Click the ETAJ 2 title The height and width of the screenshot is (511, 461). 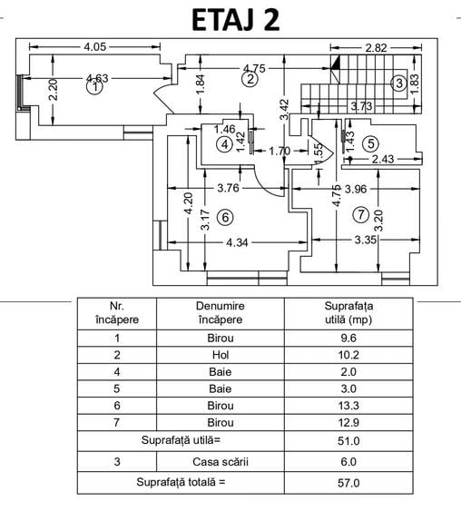pos(235,20)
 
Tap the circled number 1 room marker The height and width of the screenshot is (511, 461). pos(94,87)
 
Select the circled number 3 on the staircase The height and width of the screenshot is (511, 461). pos(399,84)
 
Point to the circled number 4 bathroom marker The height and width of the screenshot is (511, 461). pos(225,144)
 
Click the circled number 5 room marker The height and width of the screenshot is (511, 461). pos(371,143)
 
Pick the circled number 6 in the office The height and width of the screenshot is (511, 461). pos(225,217)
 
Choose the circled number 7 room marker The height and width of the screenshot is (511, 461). pos(361,215)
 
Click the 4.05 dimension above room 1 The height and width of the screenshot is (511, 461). pos(94,47)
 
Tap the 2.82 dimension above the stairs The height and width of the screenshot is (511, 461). pos(376,48)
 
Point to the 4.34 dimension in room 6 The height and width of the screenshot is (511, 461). pos(237,242)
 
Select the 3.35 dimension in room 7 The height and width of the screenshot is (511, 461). pos(366,241)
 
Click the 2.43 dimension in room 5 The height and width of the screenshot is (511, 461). pos(383,160)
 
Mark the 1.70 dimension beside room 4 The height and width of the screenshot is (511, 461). pos(280,151)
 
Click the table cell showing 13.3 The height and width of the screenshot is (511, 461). pos(348,406)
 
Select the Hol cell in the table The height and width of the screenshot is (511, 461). pos(221,355)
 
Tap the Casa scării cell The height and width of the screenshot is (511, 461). pos(221,462)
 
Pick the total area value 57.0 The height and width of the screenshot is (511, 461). pos(348,483)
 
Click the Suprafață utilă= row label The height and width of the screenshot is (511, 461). pos(181,440)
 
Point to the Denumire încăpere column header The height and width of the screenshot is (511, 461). pos(221,313)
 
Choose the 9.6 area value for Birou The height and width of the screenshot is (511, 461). pos(348,338)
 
